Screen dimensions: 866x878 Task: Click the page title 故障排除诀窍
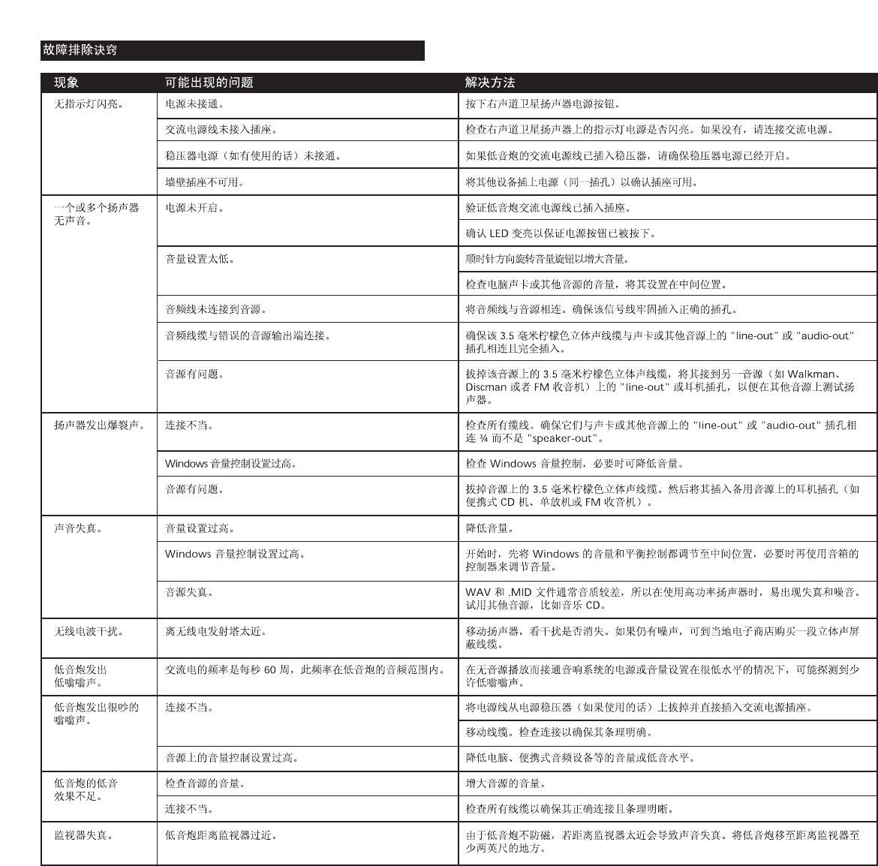coord(80,50)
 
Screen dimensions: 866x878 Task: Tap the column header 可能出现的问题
coord(209,83)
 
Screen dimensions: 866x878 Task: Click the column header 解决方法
coord(490,83)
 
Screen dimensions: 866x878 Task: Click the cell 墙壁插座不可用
coord(204,182)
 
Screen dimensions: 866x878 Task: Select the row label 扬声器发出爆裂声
coord(99,425)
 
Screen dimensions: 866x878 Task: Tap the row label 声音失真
coord(78,528)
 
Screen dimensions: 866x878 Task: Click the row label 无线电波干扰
coord(89,632)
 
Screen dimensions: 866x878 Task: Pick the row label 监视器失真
coord(83,835)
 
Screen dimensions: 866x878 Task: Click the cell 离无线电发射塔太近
coord(215,632)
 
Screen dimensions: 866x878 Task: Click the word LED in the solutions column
coord(499,233)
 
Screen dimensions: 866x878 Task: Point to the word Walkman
coord(811,374)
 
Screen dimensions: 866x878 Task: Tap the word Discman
coord(486,387)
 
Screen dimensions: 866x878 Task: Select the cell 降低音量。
coord(489,528)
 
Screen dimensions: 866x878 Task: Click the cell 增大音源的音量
coord(505,783)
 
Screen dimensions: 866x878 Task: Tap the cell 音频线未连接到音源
coord(215,309)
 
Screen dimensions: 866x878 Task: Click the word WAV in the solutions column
coord(478,593)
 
